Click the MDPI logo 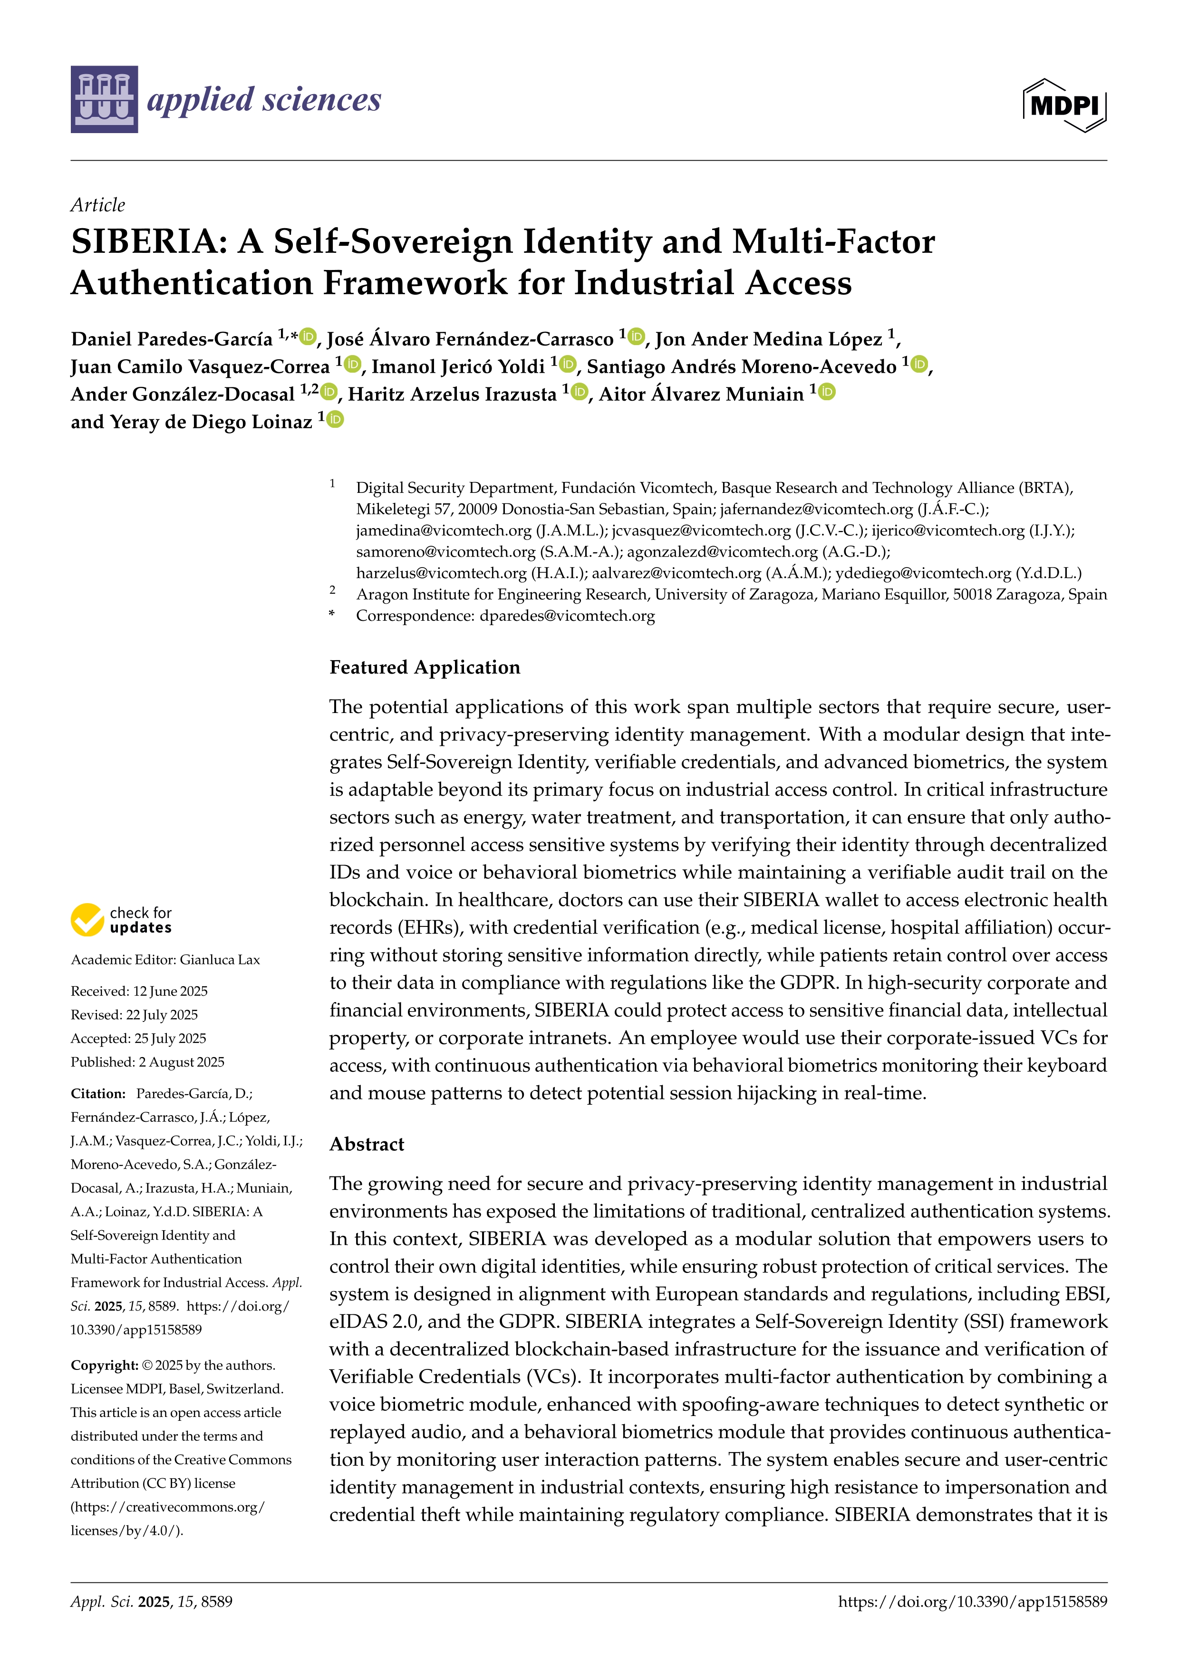1064,105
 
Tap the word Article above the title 97,205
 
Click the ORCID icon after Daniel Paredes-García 309,336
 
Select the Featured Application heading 425,667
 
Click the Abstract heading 367,1144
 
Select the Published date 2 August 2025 182,1062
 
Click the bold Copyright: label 104,1365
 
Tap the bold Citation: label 98,1093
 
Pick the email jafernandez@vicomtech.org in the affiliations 816,509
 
